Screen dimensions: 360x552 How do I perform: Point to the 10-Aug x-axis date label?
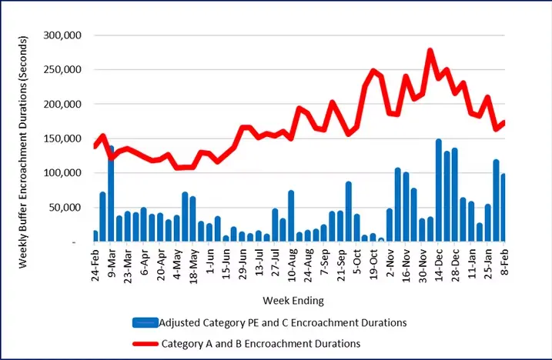290,263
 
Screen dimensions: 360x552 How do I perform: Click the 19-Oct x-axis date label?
373,263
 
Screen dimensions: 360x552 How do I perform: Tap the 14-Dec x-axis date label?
438,263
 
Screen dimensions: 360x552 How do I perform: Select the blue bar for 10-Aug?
291,216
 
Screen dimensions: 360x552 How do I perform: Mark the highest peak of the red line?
430,51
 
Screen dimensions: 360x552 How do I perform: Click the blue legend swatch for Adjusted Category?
143,322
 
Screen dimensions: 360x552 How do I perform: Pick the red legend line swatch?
143,343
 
